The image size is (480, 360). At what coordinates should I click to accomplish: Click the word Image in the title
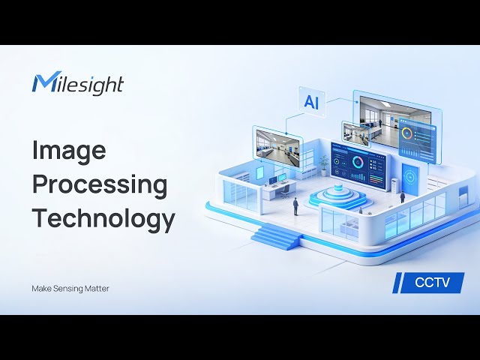[x=68, y=151]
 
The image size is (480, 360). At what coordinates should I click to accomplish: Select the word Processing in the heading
[x=99, y=185]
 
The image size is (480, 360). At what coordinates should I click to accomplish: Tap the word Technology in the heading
[x=103, y=218]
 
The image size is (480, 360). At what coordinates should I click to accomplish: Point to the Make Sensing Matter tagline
[x=70, y=288]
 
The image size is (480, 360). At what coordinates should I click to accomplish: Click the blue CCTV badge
[x=429, y=283]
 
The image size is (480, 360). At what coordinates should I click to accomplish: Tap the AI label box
[x=311, y=101]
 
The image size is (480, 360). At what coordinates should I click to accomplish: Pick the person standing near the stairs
[x=295, y=205]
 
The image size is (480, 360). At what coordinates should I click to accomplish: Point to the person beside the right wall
[x=402, y=196]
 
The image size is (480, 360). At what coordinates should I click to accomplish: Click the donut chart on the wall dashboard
[x=358, y=161]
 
